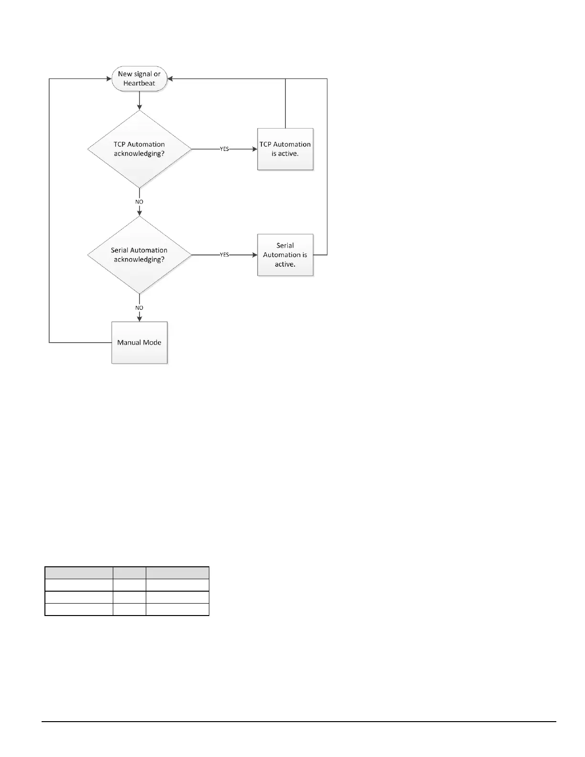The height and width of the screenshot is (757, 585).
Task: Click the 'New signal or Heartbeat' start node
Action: (x=140, y=79)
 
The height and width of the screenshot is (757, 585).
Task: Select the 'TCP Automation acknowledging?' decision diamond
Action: (x=139, y=149)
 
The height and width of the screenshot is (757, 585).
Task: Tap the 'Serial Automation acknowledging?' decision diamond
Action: (x=139, y=255)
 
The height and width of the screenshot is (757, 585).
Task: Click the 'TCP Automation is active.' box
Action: (x=285, y=149)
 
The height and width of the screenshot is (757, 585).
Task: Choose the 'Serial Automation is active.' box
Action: (x=285, y=255)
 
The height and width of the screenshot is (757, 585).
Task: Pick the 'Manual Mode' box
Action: (x=140, y=343)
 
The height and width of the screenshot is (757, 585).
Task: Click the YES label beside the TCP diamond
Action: (x=224, y=149)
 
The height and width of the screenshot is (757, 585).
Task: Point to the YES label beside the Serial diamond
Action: (x=224, y=255)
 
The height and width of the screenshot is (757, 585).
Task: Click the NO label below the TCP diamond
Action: (x=139, y=202)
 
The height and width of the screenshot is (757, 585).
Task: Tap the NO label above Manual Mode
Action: (x=139, y=308)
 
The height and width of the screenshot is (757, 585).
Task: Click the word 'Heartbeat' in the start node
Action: (x=140, y=84)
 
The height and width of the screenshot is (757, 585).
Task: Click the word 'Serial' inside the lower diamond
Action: (x=120, y=250)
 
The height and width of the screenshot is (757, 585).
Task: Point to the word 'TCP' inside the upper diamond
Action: (x=120, y=144)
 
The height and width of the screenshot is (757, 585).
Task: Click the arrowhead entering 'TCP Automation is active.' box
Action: (x=255, y=149)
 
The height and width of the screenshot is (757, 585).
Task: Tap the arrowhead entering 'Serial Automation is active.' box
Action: (x=255, y=255)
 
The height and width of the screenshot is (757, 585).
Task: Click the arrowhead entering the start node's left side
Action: (x=109, y=79)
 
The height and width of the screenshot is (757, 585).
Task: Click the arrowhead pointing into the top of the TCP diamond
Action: (x=139, y=108)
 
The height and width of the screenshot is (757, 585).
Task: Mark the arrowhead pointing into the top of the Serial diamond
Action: (x=139, y=213)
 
